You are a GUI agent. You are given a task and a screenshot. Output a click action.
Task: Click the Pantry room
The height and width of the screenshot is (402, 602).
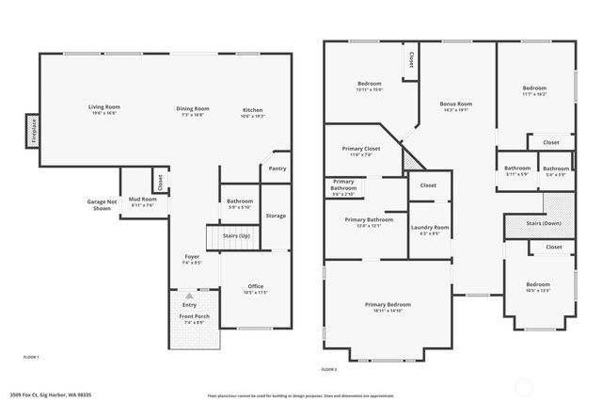(x=277, y=169)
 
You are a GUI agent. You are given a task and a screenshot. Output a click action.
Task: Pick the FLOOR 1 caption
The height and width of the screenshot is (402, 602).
(x=30, y=358)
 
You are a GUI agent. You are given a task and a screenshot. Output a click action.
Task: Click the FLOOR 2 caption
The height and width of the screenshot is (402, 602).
(x=329, y=369)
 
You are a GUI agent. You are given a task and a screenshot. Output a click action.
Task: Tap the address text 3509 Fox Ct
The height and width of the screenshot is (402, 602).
(x=51, y=394)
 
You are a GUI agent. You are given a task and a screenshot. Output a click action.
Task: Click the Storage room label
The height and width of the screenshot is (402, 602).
(x=276, y=216)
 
